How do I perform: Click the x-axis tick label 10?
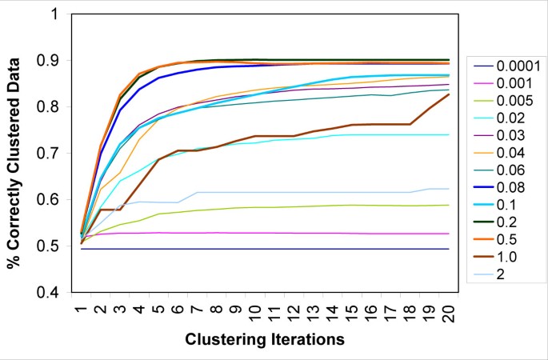254,312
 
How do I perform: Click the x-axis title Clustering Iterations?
265,339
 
